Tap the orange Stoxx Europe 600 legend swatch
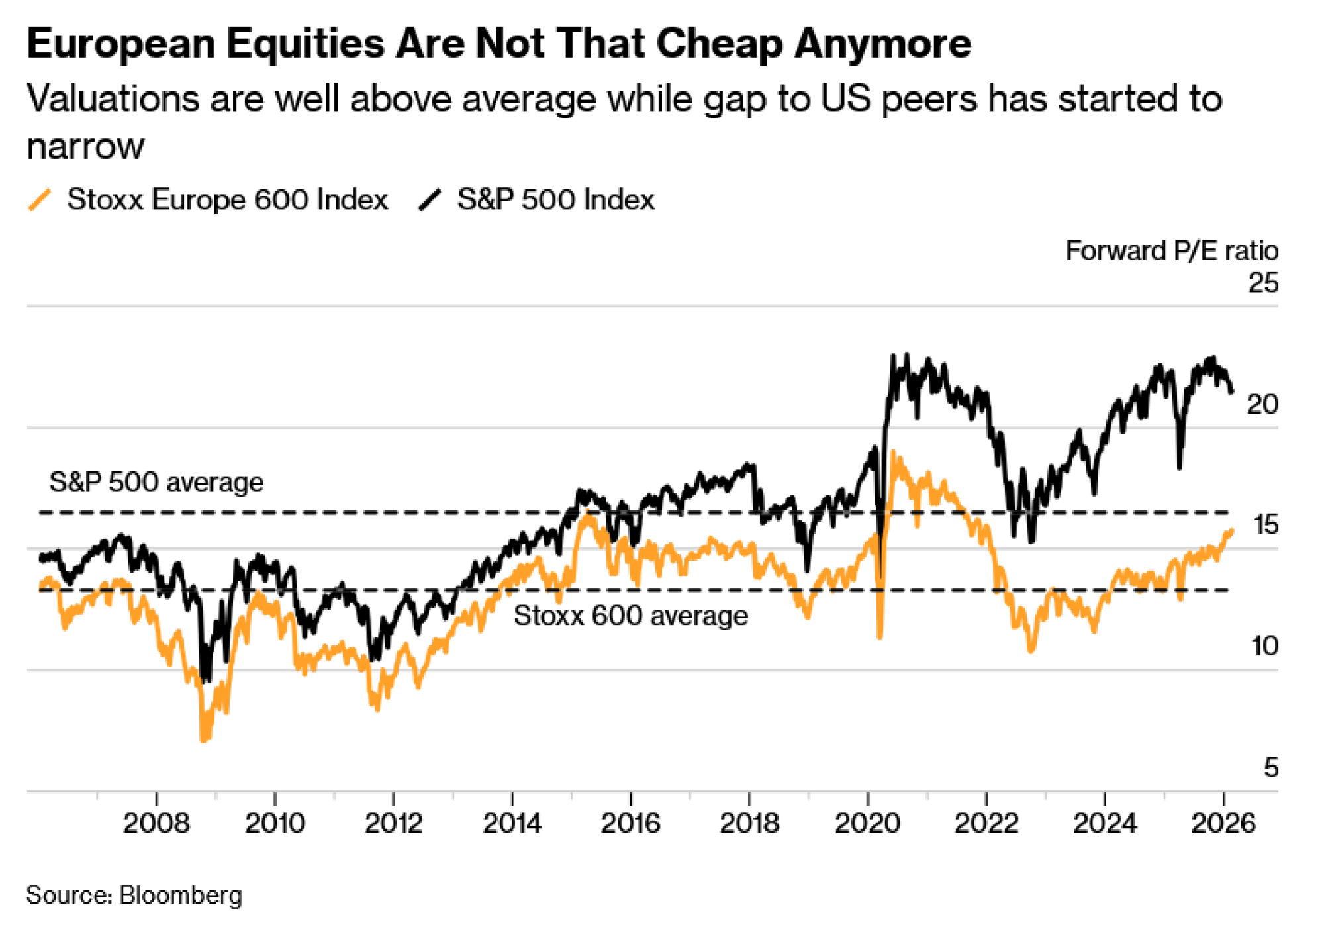(40, 200)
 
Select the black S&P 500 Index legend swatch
(430, 200)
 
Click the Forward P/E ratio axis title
(1171, 251)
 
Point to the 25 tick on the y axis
(1263, 283)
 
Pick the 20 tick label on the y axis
(1262, 404)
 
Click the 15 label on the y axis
(1265, 525)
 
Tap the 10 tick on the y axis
(1264, 646)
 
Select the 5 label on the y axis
(1270, 767)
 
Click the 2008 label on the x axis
(156, 824)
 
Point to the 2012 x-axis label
(393, 824)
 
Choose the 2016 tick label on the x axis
(630, 824)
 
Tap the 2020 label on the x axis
(867, 824)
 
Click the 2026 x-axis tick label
(1223, 824)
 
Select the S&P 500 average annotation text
(156, 482)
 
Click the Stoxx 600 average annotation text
(630, 616)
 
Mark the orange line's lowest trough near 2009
(204, 739)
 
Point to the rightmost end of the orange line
(1231, 530)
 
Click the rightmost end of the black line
(1231, 392)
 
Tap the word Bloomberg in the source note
(180, 895)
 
